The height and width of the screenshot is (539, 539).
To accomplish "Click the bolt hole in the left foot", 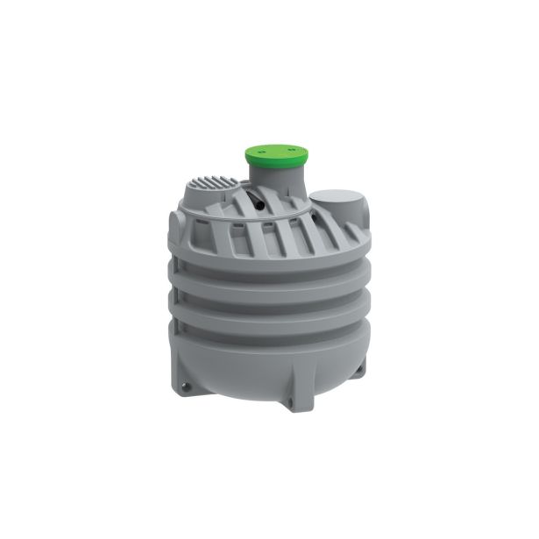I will coord(185,382).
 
